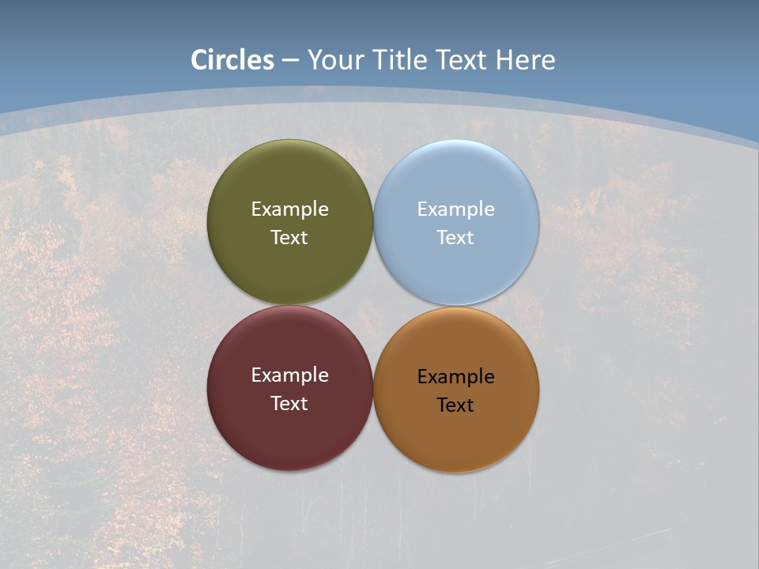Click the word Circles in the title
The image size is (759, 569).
pos(232,60)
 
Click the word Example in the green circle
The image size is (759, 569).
pos(289,209)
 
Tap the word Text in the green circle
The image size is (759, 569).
pos(289,238)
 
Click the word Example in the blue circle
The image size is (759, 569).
pos(456,209)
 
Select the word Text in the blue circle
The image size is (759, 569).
pos(456,238)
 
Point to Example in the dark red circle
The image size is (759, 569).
pos(289,375)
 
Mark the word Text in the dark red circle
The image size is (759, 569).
pos(289,404)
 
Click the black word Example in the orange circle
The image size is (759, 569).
pos(456,377)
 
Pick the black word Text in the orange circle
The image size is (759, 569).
pos(456,405)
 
